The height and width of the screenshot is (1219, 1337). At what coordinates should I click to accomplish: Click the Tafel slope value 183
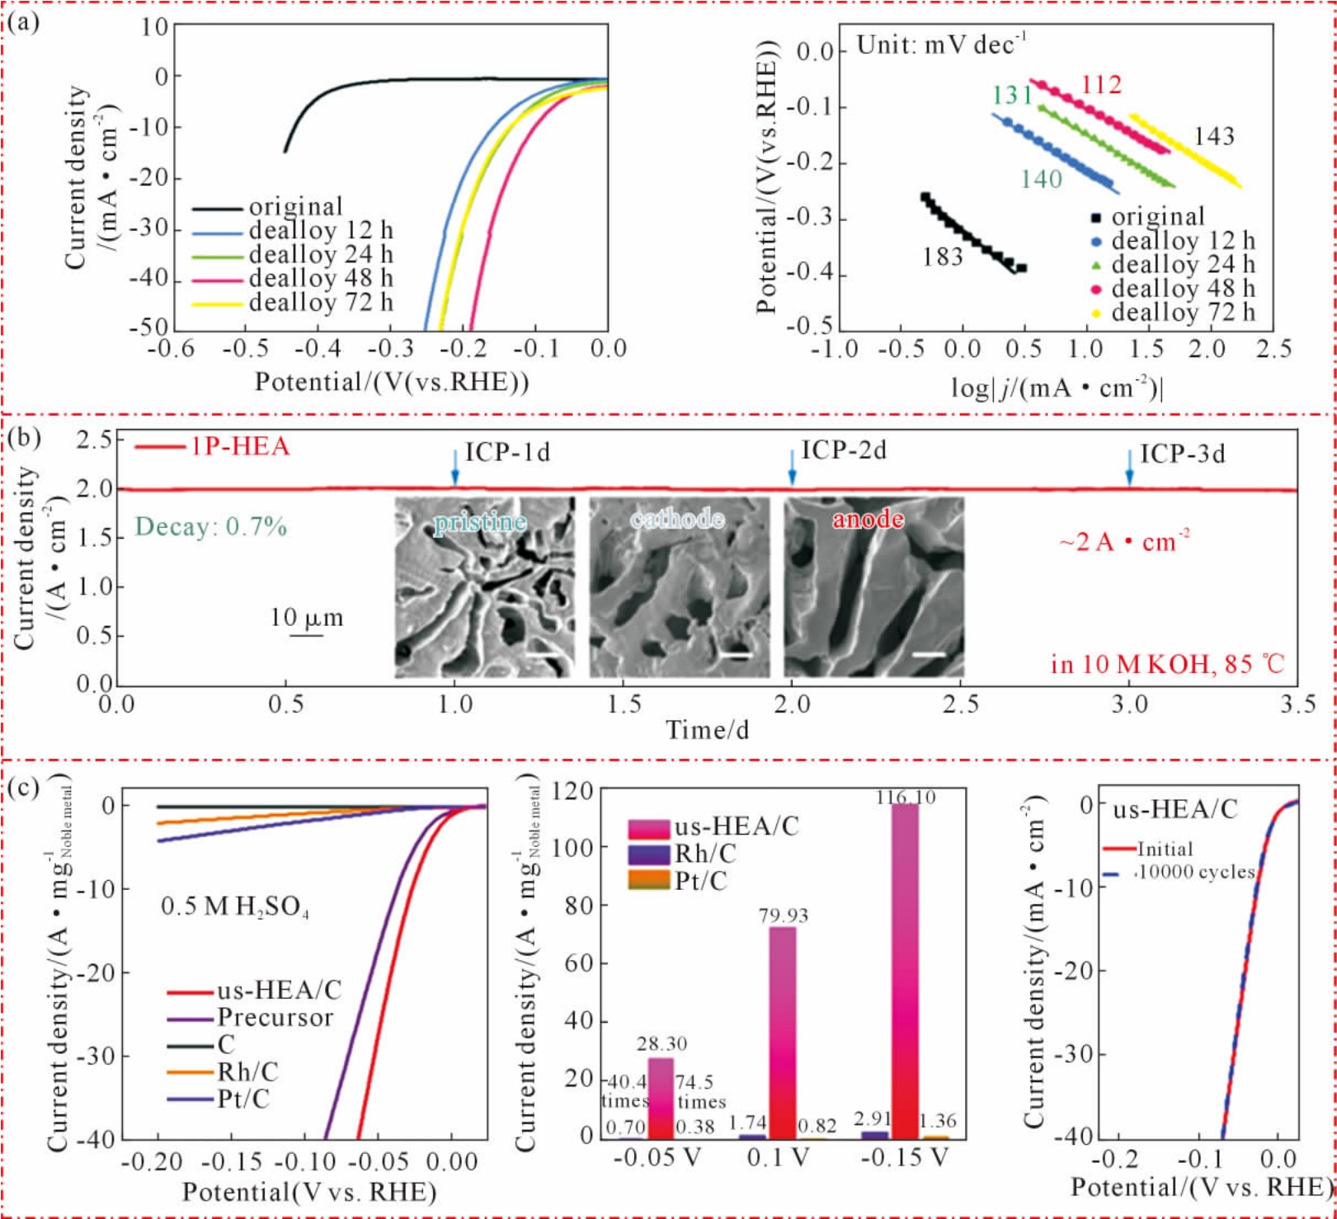pyautogui.click(x=943, y=258)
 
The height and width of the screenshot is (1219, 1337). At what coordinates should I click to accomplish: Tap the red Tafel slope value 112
pyautogui.click(x=1101, y=85)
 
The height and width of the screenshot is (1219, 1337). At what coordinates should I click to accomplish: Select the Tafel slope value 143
pyautogui.click(x=1214, y=136)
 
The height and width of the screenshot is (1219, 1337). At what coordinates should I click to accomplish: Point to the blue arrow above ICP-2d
pyautogui.click(x=792, y=468)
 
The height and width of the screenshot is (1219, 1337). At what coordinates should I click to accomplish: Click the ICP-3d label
pyautogui.click(x=1183, y=454)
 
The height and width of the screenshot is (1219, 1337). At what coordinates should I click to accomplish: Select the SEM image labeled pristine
pyautogui.click(x=485, y=587)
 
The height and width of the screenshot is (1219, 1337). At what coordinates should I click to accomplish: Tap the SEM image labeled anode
pyautogui.click(x=873, y=587)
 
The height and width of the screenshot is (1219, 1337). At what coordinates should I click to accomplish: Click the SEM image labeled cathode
pyautogui.click(x=679, y=587)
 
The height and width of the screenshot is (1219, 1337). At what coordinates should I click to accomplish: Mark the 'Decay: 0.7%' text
pyautogui.click(x=211, y=526)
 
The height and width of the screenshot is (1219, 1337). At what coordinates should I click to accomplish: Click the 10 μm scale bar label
pyautogui.click(x=306, y=618)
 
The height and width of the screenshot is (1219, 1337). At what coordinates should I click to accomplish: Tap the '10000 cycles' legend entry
pyautogui.click(x=1196, y=872)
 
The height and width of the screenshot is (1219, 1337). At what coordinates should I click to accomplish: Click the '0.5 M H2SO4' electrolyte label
pyautogui.click(x=235, y=907)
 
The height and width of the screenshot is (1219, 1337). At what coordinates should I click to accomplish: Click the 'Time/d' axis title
pyautogui.click(x=708, y=730)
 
